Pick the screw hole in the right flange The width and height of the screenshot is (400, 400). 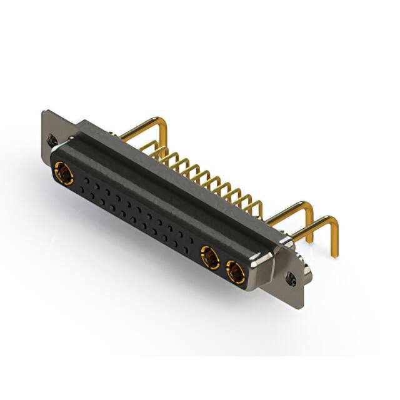click(x=292, y=274)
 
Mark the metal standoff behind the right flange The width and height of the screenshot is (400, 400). click(x=309, y=270)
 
